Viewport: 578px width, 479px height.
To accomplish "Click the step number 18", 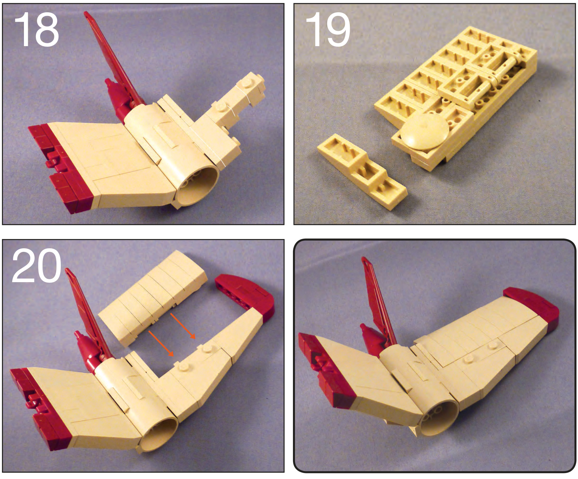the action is click(x=36, y=30).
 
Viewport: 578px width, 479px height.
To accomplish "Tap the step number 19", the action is click(x=328, y=30).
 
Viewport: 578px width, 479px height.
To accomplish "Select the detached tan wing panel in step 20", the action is click(x=153, y=297).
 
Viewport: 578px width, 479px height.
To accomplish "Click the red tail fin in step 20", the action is click(x=88, y=315).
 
